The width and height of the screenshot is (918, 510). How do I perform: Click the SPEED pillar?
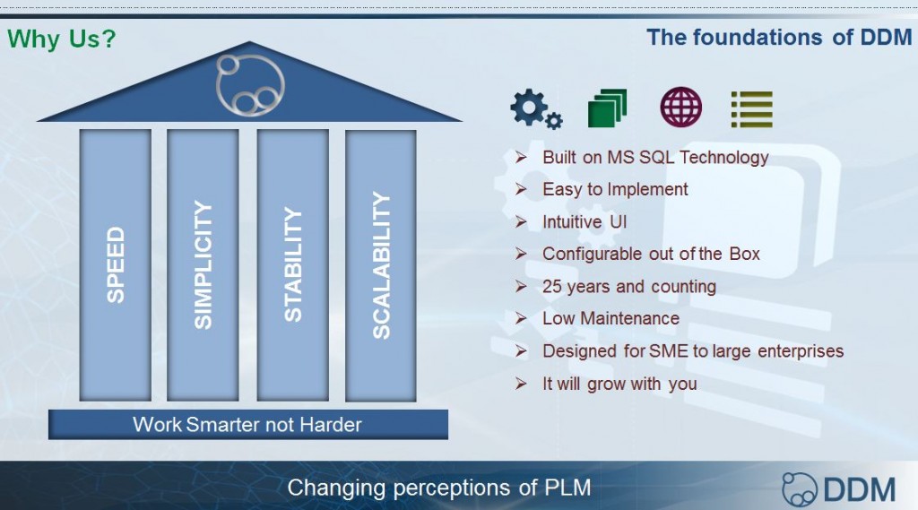pyautogui.click(x=116, y=265)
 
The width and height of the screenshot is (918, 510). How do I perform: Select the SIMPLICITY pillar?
pyautogui.click(x=203, y=265)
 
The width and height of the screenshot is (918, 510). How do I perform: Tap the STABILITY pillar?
pyautogui.click(x=293, y=265)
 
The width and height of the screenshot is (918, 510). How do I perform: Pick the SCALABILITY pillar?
pyautogui.click(x=380, y=265)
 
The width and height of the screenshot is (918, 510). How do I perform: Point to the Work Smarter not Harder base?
pyautogui.click(x=248, y=425)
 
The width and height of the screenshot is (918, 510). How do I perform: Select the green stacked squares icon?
pyautogui.click(x=607, y=108)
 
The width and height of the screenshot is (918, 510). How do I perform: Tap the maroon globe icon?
pyautogui.click(x=681, y=108)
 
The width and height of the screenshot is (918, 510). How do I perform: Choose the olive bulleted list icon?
pyautogui.click(x=752, y=109)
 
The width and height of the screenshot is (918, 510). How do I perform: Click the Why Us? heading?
pyautogui.click(x=62, y=39)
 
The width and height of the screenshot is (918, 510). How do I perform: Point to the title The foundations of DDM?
pyautogui.click(x=779, y=37)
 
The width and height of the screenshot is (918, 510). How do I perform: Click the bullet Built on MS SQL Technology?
pyautogui.click(x=655, y=158)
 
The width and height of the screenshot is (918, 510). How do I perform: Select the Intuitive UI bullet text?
pyautogui.click(x=585, y=222)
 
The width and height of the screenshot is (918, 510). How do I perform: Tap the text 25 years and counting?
pyautogui.click(x=629, y=286)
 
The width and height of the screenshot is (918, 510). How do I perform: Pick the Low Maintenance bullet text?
pyautogui.click(x=611, y=318)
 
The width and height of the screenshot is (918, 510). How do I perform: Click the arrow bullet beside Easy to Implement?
pyautogui.click(x=521, y=189)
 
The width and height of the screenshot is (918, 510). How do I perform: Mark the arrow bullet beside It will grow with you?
pyautogui.click(x=521, y=384)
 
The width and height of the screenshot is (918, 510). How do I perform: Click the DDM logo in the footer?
pyautogui.click(x=838, y=488)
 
